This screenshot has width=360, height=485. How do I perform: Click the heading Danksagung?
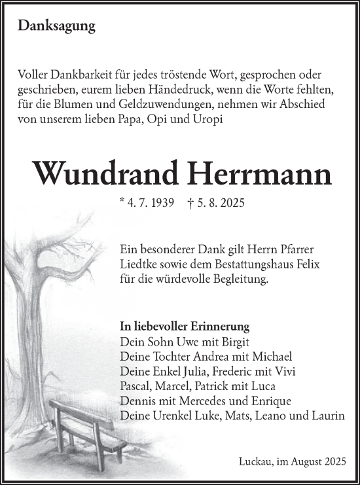tap(57, 27)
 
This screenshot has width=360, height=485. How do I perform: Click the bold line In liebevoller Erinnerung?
tap(185, 326)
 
